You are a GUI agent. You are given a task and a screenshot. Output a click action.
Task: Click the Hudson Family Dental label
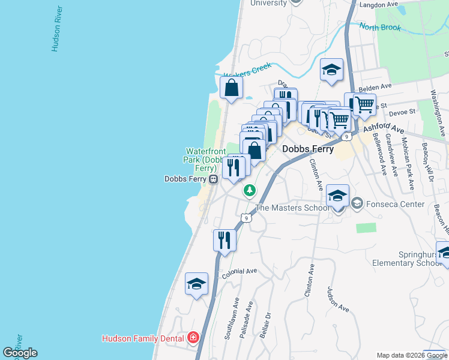point(142,338)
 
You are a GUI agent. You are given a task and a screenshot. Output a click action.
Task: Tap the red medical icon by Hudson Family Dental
point(193,338)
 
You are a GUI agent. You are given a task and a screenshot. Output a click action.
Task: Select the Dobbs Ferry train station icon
point(212,179)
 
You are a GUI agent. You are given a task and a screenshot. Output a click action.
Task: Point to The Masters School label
point(292,208)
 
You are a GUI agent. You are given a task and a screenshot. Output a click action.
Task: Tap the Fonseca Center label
point(395,204)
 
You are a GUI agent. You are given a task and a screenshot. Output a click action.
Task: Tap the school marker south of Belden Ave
point(331,70)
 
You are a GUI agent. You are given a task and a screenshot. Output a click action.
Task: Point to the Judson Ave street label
point(338,298)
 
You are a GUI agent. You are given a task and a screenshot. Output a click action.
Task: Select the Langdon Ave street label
point(378,5)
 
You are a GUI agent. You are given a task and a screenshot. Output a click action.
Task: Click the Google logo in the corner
point(20,353)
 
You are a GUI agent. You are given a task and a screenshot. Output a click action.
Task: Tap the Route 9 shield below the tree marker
point(246,217)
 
